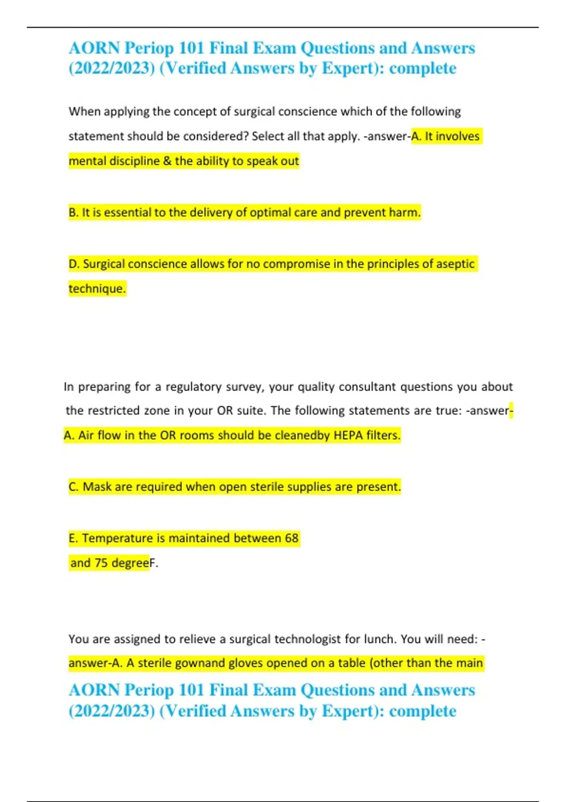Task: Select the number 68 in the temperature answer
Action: pyautogui.click(x=291, y=538)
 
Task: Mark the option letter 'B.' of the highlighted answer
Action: pyautogui.click(x=74, y=213)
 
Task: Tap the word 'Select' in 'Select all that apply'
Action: pyautogui.click(x=268, y=137)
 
